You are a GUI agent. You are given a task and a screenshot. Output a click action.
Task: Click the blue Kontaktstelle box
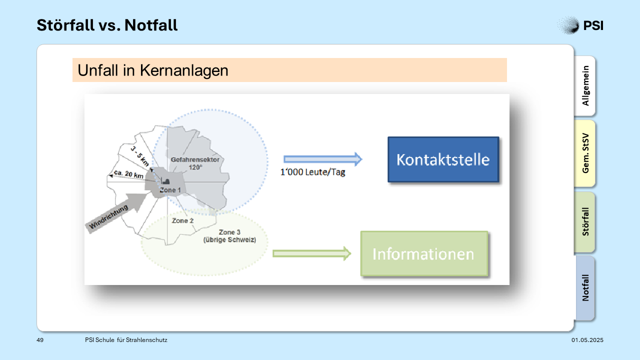pyautogui.click(x=443, y=159)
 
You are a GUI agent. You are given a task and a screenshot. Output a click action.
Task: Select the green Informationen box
pyautogui.click(x=424, y=253)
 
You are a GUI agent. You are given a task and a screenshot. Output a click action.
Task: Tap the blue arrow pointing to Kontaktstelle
pyautogui.click(x=323, y=159)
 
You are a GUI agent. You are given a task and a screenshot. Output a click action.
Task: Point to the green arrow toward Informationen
pyautogui.click(x=312, y=253)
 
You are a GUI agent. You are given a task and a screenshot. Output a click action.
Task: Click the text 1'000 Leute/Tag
pyautogui.click(x=313, y=172)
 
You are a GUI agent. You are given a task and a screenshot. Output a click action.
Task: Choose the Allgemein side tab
pyautogui.click(x=585, y=85)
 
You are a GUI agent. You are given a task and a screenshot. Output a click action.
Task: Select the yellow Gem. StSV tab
pyautogui.click(x=585, y=153)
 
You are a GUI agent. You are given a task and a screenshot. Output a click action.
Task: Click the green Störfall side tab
pyautogui.click(x=585, y=221)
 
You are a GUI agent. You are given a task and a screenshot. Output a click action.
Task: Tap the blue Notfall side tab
pyautogui.click(x=585, y=287)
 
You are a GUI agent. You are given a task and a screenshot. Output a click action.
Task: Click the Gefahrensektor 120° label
pyautogui.click(x=195, y=163)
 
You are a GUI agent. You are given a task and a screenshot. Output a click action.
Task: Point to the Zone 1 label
pyautogui.click(x=170, y=190)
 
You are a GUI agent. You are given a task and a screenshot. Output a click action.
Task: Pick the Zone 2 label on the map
pyautogui.click(x=182, y=220)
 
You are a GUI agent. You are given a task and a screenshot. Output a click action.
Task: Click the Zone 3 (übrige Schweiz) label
pyautogui.click(x=229, y=236)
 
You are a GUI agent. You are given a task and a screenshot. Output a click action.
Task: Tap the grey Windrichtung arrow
pyautogui.click(x=116, y=212)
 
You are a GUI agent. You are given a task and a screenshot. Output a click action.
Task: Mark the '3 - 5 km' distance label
pyautogui.click(x=140, y=156)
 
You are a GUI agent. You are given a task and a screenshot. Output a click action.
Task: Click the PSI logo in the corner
pyautogui.click(x=580, y=25)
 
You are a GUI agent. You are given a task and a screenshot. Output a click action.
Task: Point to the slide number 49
pyautogui.click(x=40, y=340)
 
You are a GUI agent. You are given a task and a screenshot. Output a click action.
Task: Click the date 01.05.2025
pyautogui.click(x=587, y=340)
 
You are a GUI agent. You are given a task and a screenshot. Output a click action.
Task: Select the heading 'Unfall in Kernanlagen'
pyautogui.click(x=153, y=70)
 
